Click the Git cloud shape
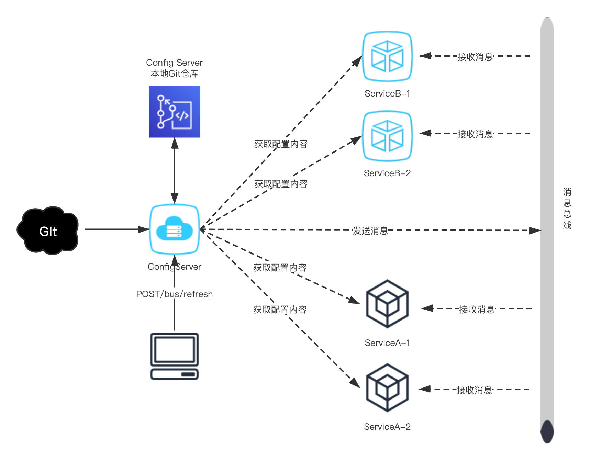tap(48, 231)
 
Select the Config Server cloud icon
tap(175, 229)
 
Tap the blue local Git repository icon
tap(175, 112)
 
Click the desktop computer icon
tap(175, 356)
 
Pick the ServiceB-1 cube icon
tap(387, 57)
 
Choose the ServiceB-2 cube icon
tap(387, 136)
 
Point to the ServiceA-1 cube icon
tap(387, 304)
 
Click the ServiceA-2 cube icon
tap(387, 387)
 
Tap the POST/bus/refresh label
tap(175, 293)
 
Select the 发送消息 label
tap(370, 230)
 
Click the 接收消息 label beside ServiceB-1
tap(475, 56)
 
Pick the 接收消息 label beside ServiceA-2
tap(474, 390)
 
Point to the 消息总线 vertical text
tap(567, 209)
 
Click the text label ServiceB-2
tap(387, 173)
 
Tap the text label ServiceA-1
tap(387, 343)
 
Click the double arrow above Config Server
tap(175, 170)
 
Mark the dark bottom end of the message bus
tap(547, 432)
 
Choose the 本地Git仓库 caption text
tap(175, 74)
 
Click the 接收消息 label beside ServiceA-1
tap(477, 309)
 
